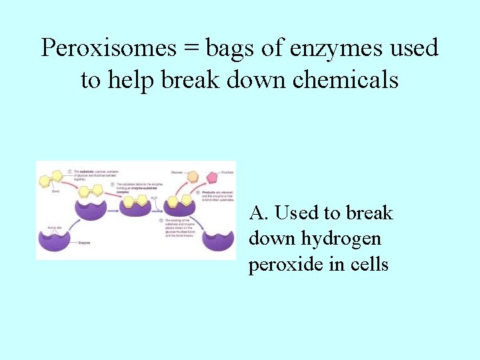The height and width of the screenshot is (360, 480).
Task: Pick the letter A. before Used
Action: [259, 213]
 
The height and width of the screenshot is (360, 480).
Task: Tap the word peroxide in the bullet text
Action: [285, 265]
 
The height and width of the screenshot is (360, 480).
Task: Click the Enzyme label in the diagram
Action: [84, 243]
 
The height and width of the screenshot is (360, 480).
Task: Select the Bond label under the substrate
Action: [45, 191]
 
